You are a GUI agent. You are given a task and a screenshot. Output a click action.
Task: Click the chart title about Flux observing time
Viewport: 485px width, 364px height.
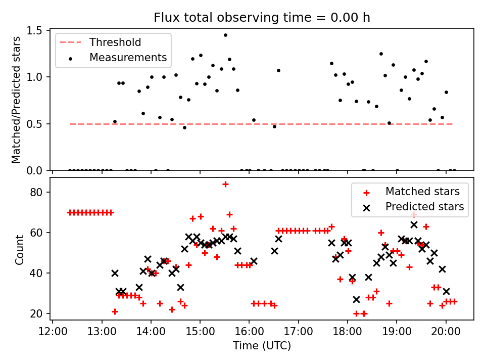click(x=262, y=18)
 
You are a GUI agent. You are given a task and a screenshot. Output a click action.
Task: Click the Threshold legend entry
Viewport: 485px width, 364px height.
click(x=115, y=42)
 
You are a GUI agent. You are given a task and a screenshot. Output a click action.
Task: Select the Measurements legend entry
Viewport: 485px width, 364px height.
click(x=128, y=58)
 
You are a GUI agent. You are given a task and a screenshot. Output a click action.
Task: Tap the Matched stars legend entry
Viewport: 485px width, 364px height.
click(x=422, y=192)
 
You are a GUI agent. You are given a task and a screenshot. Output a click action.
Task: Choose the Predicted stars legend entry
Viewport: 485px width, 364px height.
click(x=424, y=207)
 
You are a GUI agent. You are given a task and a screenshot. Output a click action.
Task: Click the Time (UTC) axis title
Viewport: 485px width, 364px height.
click(x=262, y=346)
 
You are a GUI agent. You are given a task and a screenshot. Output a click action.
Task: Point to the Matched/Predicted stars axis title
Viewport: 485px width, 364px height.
click(x=17, y=100)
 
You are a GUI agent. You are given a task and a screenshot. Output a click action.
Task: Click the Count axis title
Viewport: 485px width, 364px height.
click(x=20, y=250)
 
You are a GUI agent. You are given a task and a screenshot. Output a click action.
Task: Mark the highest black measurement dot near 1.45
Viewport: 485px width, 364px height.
click(x=225, y=35)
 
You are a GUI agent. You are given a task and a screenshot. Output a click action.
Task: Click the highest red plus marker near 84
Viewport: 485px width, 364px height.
click(x=225, y=184)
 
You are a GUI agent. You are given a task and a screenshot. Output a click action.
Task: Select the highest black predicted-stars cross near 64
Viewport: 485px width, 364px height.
click(x=414, y=224)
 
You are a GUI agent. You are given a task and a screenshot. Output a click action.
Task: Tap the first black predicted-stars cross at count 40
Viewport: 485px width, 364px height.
click(x=115, y=273)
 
